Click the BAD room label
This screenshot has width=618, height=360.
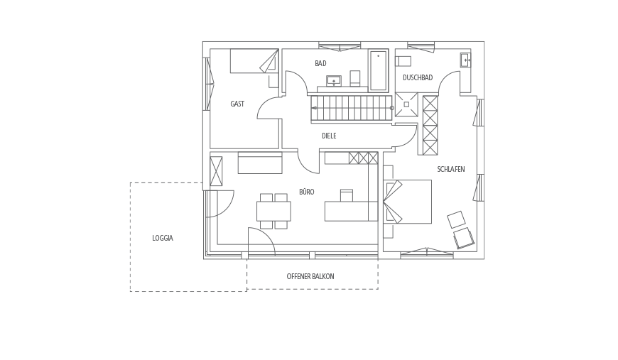point(320,63)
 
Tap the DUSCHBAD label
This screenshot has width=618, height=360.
point(418,77)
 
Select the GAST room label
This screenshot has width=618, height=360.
point(237,104)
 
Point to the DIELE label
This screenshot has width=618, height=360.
point(329,136)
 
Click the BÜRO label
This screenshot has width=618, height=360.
point(307,192)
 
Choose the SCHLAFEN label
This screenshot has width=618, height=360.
point(451,170)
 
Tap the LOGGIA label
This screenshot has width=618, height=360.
point(163,239)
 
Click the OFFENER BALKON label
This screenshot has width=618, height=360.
point(310,276)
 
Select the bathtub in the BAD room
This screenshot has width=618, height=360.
point(379,70)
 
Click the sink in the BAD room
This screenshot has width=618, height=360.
point(334,81)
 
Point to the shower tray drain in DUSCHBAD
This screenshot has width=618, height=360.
point(406,104)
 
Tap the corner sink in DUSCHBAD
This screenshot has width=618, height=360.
point(465,60)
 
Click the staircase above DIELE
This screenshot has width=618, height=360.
point(352,108)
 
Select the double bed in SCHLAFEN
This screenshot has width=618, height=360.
point(408,202)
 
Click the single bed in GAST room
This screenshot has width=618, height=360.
point(254,60)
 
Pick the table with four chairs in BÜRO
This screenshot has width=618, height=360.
point(274,211)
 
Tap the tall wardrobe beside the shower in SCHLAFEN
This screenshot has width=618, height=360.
point(430,125)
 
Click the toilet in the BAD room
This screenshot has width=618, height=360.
point(355,78)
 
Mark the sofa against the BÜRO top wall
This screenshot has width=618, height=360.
point(260,163)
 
